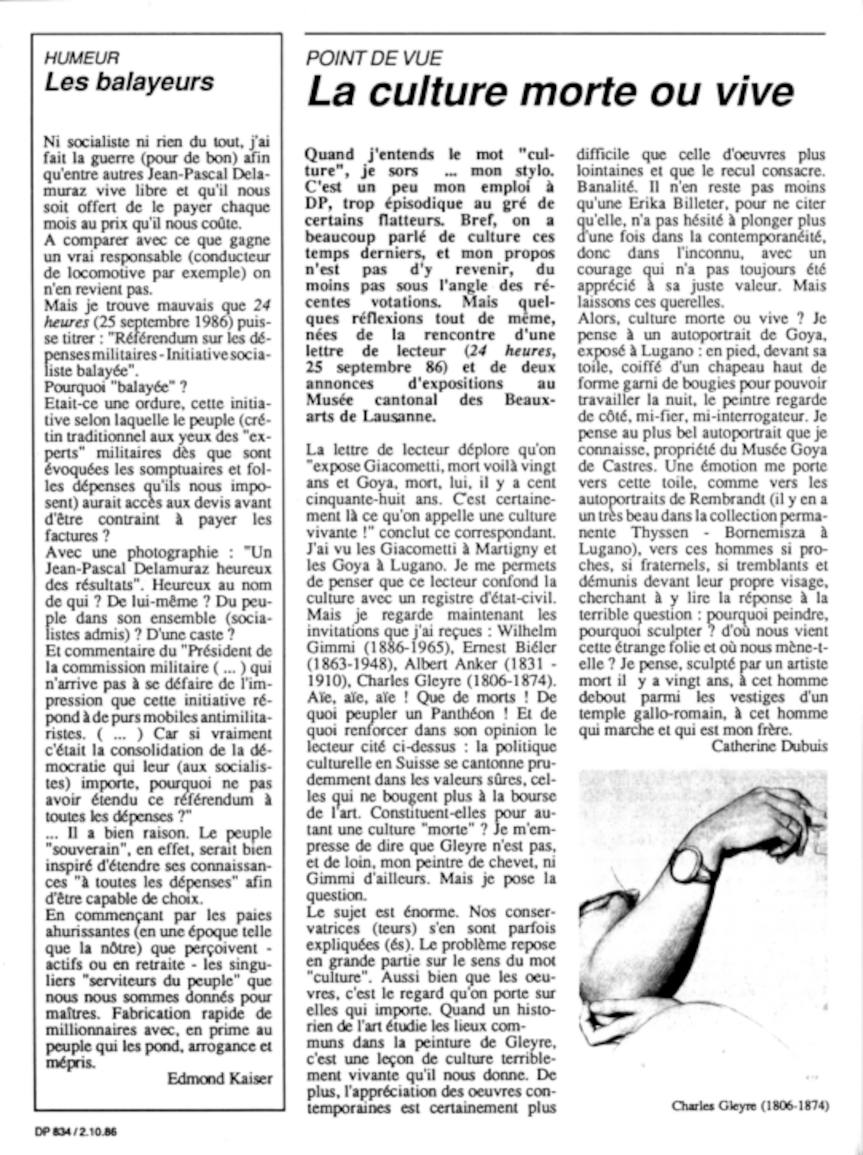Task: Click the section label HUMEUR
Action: click(82, 57)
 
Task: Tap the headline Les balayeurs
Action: click(129, 82)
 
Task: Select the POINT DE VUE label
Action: click(374, 58)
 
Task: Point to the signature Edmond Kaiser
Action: click(220, 1078)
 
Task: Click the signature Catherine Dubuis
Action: click(769, 746)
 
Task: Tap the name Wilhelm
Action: click(528, 631)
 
